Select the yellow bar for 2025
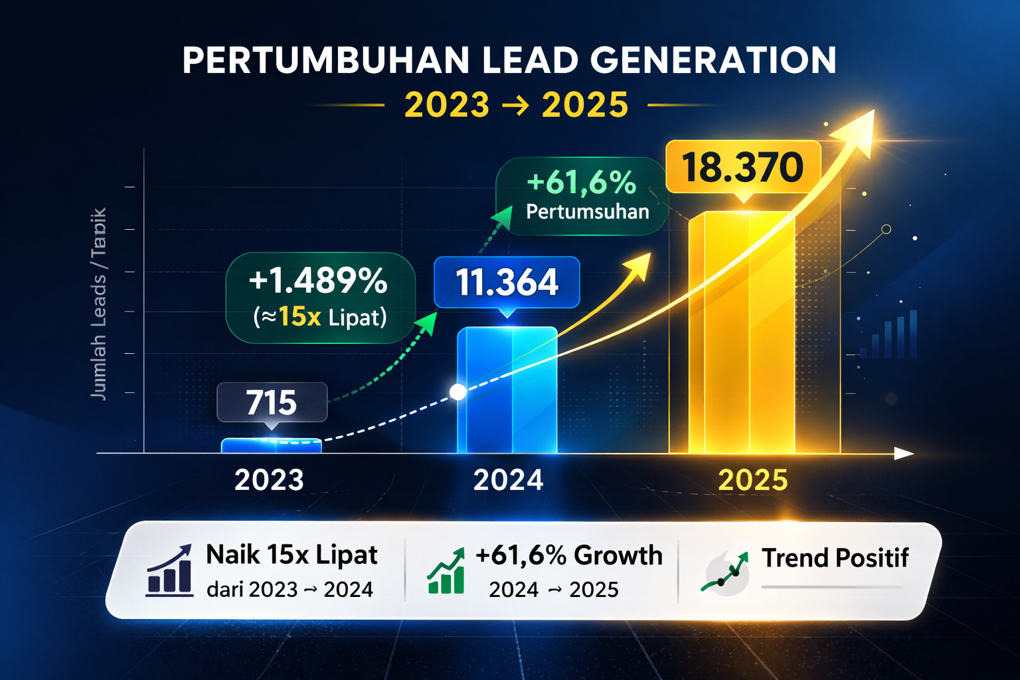[x=742, y=332]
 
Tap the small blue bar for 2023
[x=271, y=446]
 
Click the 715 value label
[x=272, y=402]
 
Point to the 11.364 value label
[x=507, y=282]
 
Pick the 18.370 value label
[x=743, y=167]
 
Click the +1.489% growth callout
[x=320, y=297]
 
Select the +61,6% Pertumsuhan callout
[x=582, y=196]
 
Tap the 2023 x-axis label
[x=269, y=480]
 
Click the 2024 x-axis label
[x=508, y=480]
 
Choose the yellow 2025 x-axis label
[x=753, y=480]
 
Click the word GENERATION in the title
[x=713, y=60]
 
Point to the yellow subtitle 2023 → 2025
[x=516, y=105]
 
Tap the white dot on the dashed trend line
[x=458, y=392]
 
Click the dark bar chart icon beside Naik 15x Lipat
[x=170, y=571]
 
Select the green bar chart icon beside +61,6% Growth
[x=446, y=572]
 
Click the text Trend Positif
[x=835, y=558]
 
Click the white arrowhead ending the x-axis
[x=904, y=454]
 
